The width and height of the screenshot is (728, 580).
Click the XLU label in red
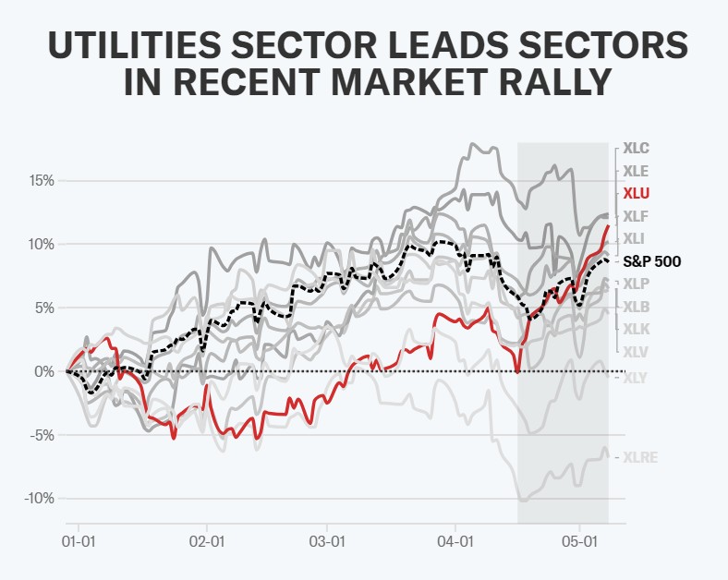pos(637,194)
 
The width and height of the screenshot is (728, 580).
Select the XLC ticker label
pos(637,148)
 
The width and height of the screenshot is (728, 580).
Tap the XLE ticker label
pos(636,171)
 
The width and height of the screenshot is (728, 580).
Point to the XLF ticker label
pos(636,217)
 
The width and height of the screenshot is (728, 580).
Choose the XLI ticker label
pos(635,239)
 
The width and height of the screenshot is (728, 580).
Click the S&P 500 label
pos(652,261)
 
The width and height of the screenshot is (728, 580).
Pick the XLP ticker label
pos(636,284)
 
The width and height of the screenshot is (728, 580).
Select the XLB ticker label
pos(636,307)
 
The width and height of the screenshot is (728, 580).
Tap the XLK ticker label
pos(636,329)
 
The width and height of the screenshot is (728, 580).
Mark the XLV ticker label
pos(636,351)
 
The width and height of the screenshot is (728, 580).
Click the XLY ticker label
pos(636,377)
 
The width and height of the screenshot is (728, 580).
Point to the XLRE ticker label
pos(640,457)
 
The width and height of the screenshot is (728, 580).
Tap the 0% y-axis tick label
pos(43,371)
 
